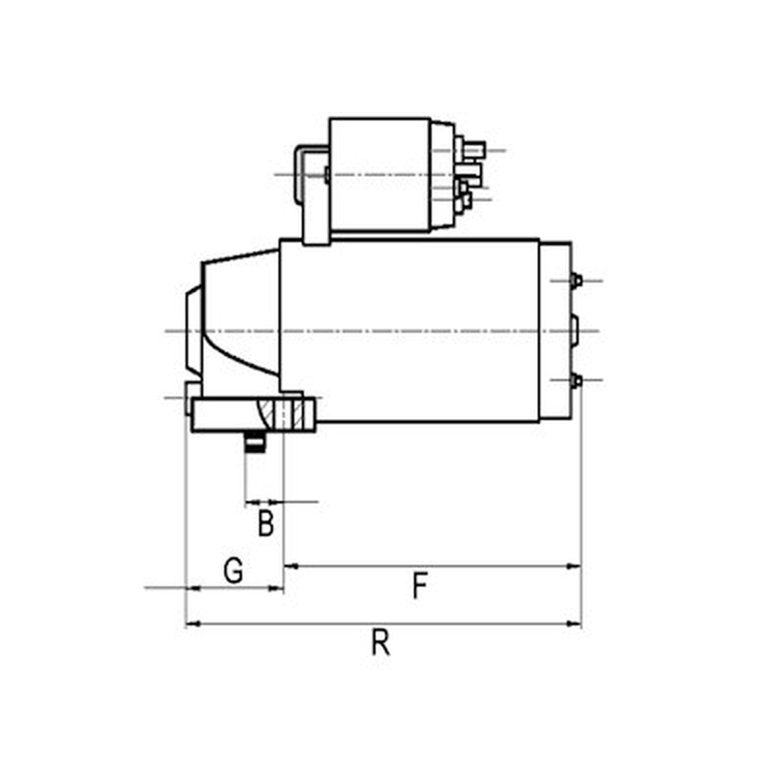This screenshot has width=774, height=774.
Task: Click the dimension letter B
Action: click(x=265, y=523)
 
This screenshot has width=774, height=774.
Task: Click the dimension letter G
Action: click(x=233, y=570)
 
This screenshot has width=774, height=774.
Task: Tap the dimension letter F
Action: click(x=420, y=585)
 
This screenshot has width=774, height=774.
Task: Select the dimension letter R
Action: click(x=380, y=642)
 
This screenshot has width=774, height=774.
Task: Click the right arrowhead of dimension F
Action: click(x=574, y=566)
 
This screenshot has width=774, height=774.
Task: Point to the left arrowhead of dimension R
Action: click(x=193, y=624)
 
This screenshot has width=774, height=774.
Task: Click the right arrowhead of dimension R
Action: click(x=574, y=624)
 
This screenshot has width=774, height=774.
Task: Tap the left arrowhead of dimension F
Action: click(x=292, y=566)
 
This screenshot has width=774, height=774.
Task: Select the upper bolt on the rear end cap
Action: click(x=576, y=281)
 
